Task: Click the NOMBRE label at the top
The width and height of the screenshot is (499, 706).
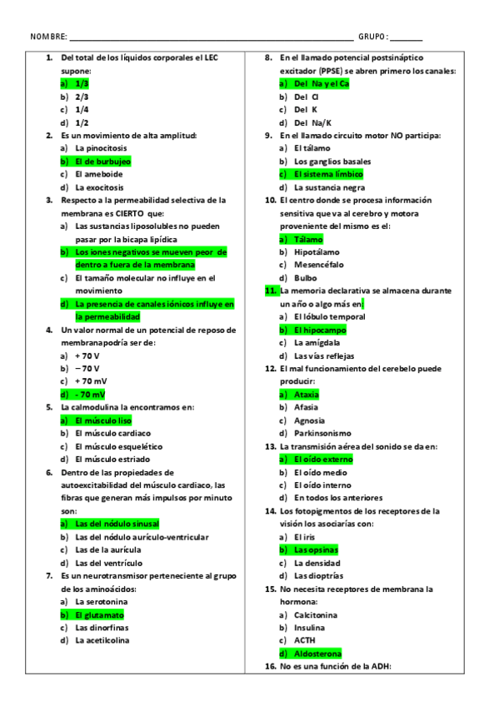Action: click(47, 37)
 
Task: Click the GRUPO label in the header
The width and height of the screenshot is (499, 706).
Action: click(372, 37)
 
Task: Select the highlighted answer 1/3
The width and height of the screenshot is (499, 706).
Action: click(82, 84)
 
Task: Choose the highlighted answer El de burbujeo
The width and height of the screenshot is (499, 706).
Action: click(102, 162)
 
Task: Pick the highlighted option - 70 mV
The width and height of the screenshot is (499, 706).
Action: click(90, 395)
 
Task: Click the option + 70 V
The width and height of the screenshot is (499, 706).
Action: click(87, 355)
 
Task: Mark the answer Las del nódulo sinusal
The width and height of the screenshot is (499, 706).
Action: click(117, 524)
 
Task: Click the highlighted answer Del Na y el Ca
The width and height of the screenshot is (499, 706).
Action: click(322, 84)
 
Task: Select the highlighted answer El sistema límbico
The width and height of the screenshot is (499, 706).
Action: click(328, 174)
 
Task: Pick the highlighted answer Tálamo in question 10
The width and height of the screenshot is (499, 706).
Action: click(312, 239)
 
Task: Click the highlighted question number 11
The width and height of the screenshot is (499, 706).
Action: click(271, 291)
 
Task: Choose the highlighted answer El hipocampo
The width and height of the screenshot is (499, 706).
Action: click(320, 330)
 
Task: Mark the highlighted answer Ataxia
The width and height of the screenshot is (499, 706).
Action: click(307, 395)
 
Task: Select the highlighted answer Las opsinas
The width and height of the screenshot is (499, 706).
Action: click(316, 549)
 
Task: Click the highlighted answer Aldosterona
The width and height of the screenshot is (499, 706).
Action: click(317, 654)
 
